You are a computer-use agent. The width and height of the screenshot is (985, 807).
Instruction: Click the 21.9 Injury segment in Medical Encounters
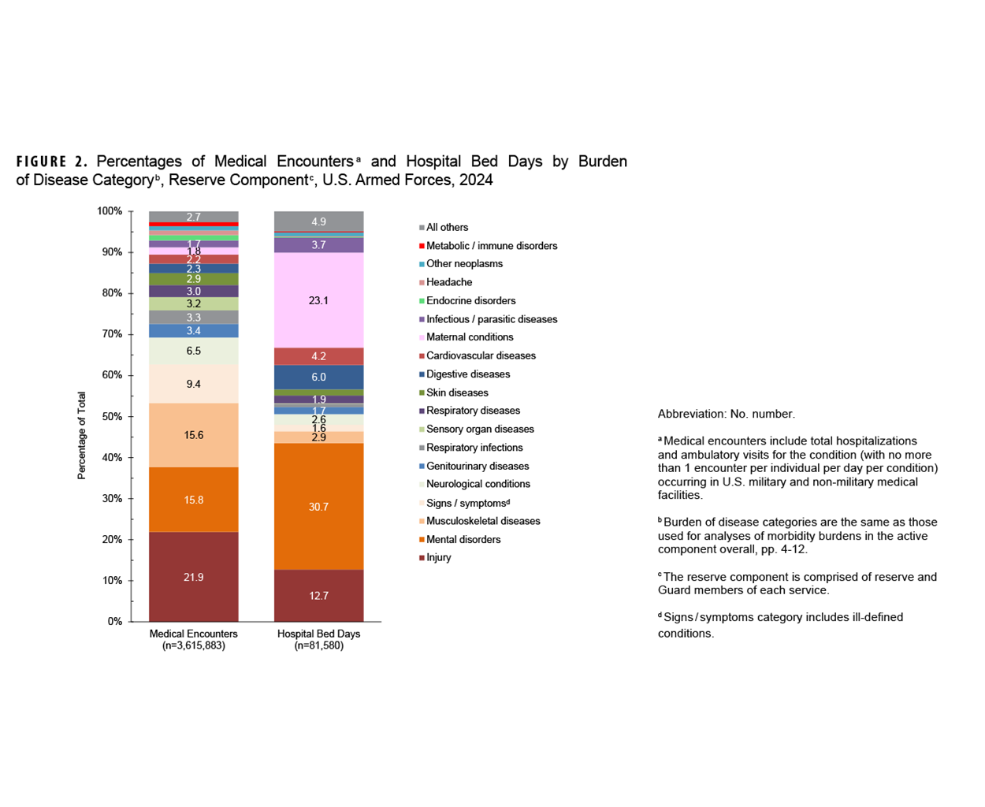point(194,577)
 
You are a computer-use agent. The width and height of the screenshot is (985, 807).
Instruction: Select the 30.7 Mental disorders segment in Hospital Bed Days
point(318,507)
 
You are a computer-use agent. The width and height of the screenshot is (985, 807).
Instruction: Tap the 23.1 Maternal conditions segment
point(318,300)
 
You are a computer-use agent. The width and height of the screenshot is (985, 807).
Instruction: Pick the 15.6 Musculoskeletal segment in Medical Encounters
point(194,435)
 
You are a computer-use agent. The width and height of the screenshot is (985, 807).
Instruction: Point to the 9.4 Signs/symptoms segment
point(194,384)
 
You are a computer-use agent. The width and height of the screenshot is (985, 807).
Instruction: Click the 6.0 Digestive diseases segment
point(318,377)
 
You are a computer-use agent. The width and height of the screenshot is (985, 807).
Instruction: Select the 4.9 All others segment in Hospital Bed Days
point(318,221)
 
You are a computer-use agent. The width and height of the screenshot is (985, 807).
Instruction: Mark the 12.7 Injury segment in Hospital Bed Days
point(318,595)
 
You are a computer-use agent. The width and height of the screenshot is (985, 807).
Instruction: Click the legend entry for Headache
point(449,282)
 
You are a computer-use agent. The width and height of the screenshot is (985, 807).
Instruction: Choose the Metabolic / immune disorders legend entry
point(491,246)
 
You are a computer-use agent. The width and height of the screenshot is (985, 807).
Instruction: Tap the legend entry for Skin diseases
point(457,392)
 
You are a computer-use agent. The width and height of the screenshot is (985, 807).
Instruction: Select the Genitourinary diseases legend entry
point(478,466)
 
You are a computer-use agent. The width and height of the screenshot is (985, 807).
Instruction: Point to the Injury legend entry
point(439,557)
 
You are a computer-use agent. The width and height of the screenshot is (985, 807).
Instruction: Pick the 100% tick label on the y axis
point(109,211)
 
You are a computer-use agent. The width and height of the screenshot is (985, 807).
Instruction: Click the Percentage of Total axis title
point(82,436)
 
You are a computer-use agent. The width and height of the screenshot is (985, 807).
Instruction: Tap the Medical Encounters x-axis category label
point(194,634)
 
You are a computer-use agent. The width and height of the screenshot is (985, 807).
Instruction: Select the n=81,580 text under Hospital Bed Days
point(318,645)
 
